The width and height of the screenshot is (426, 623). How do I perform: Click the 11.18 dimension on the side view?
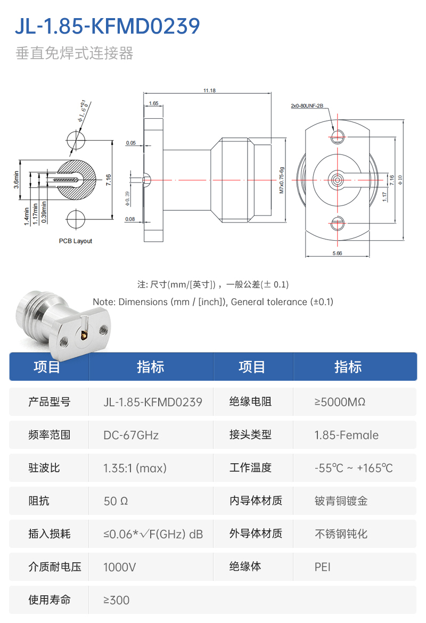coord(209,91)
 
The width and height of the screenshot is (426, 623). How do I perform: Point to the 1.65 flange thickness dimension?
coord(153,103)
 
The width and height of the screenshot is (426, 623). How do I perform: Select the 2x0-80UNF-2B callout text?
coord(307,106)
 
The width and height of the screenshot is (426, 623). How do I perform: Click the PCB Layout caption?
coord(75,241)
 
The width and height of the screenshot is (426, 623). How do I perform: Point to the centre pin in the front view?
coord(337,180)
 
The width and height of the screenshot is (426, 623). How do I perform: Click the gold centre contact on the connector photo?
coord(84,335)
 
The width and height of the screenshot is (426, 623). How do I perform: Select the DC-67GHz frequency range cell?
coord(131,435)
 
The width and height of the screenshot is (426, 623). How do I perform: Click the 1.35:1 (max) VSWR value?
coord(135,468)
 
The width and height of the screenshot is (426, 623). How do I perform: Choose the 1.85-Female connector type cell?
coord(346,435)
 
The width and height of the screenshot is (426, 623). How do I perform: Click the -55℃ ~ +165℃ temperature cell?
coord(354,468)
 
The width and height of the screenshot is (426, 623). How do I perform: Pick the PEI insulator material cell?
coord(323,567)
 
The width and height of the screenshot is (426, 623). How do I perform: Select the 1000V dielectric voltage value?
coord(119,567)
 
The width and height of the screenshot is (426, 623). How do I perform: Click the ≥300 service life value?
coord(116,600)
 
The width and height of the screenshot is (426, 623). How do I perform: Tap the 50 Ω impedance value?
coord(116,501)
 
